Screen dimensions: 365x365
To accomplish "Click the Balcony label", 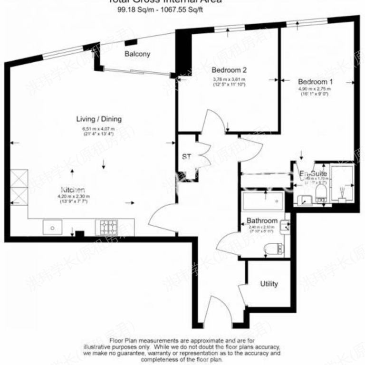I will point(137,54).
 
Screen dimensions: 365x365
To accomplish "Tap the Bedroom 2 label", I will point(229,69).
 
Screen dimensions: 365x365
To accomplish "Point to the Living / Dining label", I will point(99,119).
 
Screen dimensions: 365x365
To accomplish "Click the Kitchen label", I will point(73,188).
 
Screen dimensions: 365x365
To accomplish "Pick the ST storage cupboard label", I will point(186,157).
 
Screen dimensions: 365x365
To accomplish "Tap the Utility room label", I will point(269,284).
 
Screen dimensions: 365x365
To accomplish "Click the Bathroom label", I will point(262,221).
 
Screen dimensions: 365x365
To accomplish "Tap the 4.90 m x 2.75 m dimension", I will point(314,88).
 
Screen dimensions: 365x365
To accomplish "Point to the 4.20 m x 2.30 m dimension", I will point(73,196).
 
